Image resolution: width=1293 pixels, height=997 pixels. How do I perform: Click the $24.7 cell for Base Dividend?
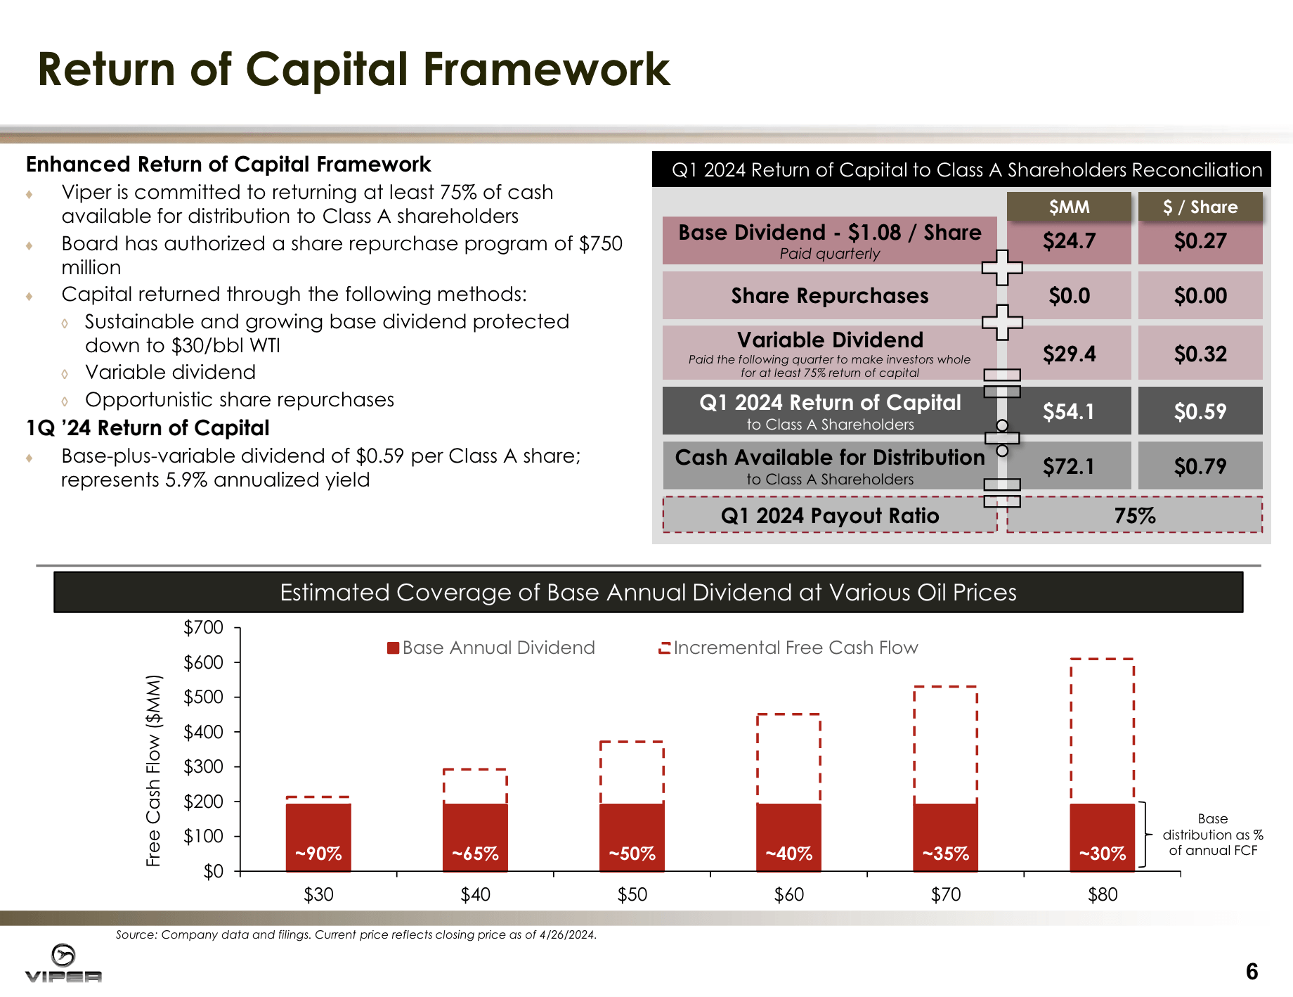pyautogui.click(x=1069, y=241)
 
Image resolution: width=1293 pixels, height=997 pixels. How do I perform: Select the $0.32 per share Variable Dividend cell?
pyautogui.click(x=1200, y=354)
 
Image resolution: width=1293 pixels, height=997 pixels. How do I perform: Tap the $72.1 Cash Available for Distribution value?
pyautogui.click(x=1069, y=466)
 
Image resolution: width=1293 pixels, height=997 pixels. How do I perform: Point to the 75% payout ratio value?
pyautogui.click(x=1134, y=515)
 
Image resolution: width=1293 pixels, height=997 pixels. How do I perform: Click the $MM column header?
pyautogui.click(x=1069, y=207)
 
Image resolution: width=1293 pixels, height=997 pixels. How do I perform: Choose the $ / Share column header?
pyautogui.click(x=1200, y=207)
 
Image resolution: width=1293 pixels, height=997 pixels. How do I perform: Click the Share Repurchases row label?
pyautogui.click(x=829, y=296)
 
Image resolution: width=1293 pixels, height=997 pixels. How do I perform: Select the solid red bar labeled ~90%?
pyautogui.click(x=318, y=837)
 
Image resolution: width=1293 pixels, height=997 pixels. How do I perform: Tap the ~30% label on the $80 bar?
pyautogui.click(x=1102, y=854)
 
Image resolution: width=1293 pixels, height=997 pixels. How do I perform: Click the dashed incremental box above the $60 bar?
pyautogui.click(x=788, y=758)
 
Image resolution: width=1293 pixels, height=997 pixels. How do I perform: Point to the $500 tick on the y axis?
pyautogui.click(x=203, y=697)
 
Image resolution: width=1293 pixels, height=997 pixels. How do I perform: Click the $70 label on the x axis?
pyautogui.click(x=945, y=894)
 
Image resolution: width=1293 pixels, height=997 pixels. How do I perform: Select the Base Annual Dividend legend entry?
pyautogui.click(x=491, y=648)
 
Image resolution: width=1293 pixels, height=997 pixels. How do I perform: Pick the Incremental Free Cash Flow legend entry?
pyautogui.click(x=788, y=648)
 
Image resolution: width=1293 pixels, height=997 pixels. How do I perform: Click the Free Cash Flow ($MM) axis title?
pyautogui.click(x=153, y=770)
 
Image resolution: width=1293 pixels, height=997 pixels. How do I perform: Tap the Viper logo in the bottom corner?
pyautogui.click(x=63, y=963)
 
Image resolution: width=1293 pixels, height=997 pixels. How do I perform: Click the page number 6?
pyautogui.click(x=1252, y=972)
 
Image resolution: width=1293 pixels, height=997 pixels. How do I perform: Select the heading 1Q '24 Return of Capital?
pyautogui.click(x=148, y=427)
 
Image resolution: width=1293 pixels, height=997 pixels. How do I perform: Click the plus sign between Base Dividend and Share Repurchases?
pyautogui.click(x=1001, y=268)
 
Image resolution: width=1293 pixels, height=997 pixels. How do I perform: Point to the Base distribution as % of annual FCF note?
pyautogui.click(x=1212, y=835)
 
